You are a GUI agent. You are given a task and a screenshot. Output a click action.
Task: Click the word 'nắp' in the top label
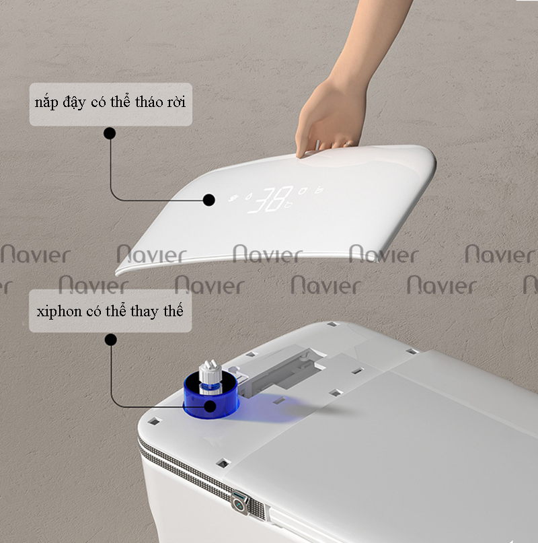click(46, 102)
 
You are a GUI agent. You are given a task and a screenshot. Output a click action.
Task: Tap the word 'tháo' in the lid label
click(148, 102)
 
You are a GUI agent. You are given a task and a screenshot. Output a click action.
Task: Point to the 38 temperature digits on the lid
click(271, 200)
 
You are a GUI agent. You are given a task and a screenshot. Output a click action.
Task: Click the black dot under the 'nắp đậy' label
click(110, 133)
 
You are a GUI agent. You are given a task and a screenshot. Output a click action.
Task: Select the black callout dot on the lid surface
click(208, 200)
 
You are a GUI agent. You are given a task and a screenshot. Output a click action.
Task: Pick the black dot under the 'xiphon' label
click(111, 340)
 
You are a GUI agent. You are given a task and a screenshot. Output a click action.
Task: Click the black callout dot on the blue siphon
click(210, 406)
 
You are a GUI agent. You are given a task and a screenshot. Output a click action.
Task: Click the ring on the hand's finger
click(347, 144)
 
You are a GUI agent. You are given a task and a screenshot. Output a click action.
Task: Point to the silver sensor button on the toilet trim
click(240, 501)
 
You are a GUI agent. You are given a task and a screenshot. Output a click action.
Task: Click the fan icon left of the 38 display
click(234, 198)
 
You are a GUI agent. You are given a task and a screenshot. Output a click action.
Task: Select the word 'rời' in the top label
click(177, 102)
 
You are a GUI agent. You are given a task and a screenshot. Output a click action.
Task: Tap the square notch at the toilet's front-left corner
click(154, 421)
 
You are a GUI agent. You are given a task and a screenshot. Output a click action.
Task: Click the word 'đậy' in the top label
click(75, 102)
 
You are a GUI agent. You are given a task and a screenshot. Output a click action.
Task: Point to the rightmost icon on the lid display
click(319, 190)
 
